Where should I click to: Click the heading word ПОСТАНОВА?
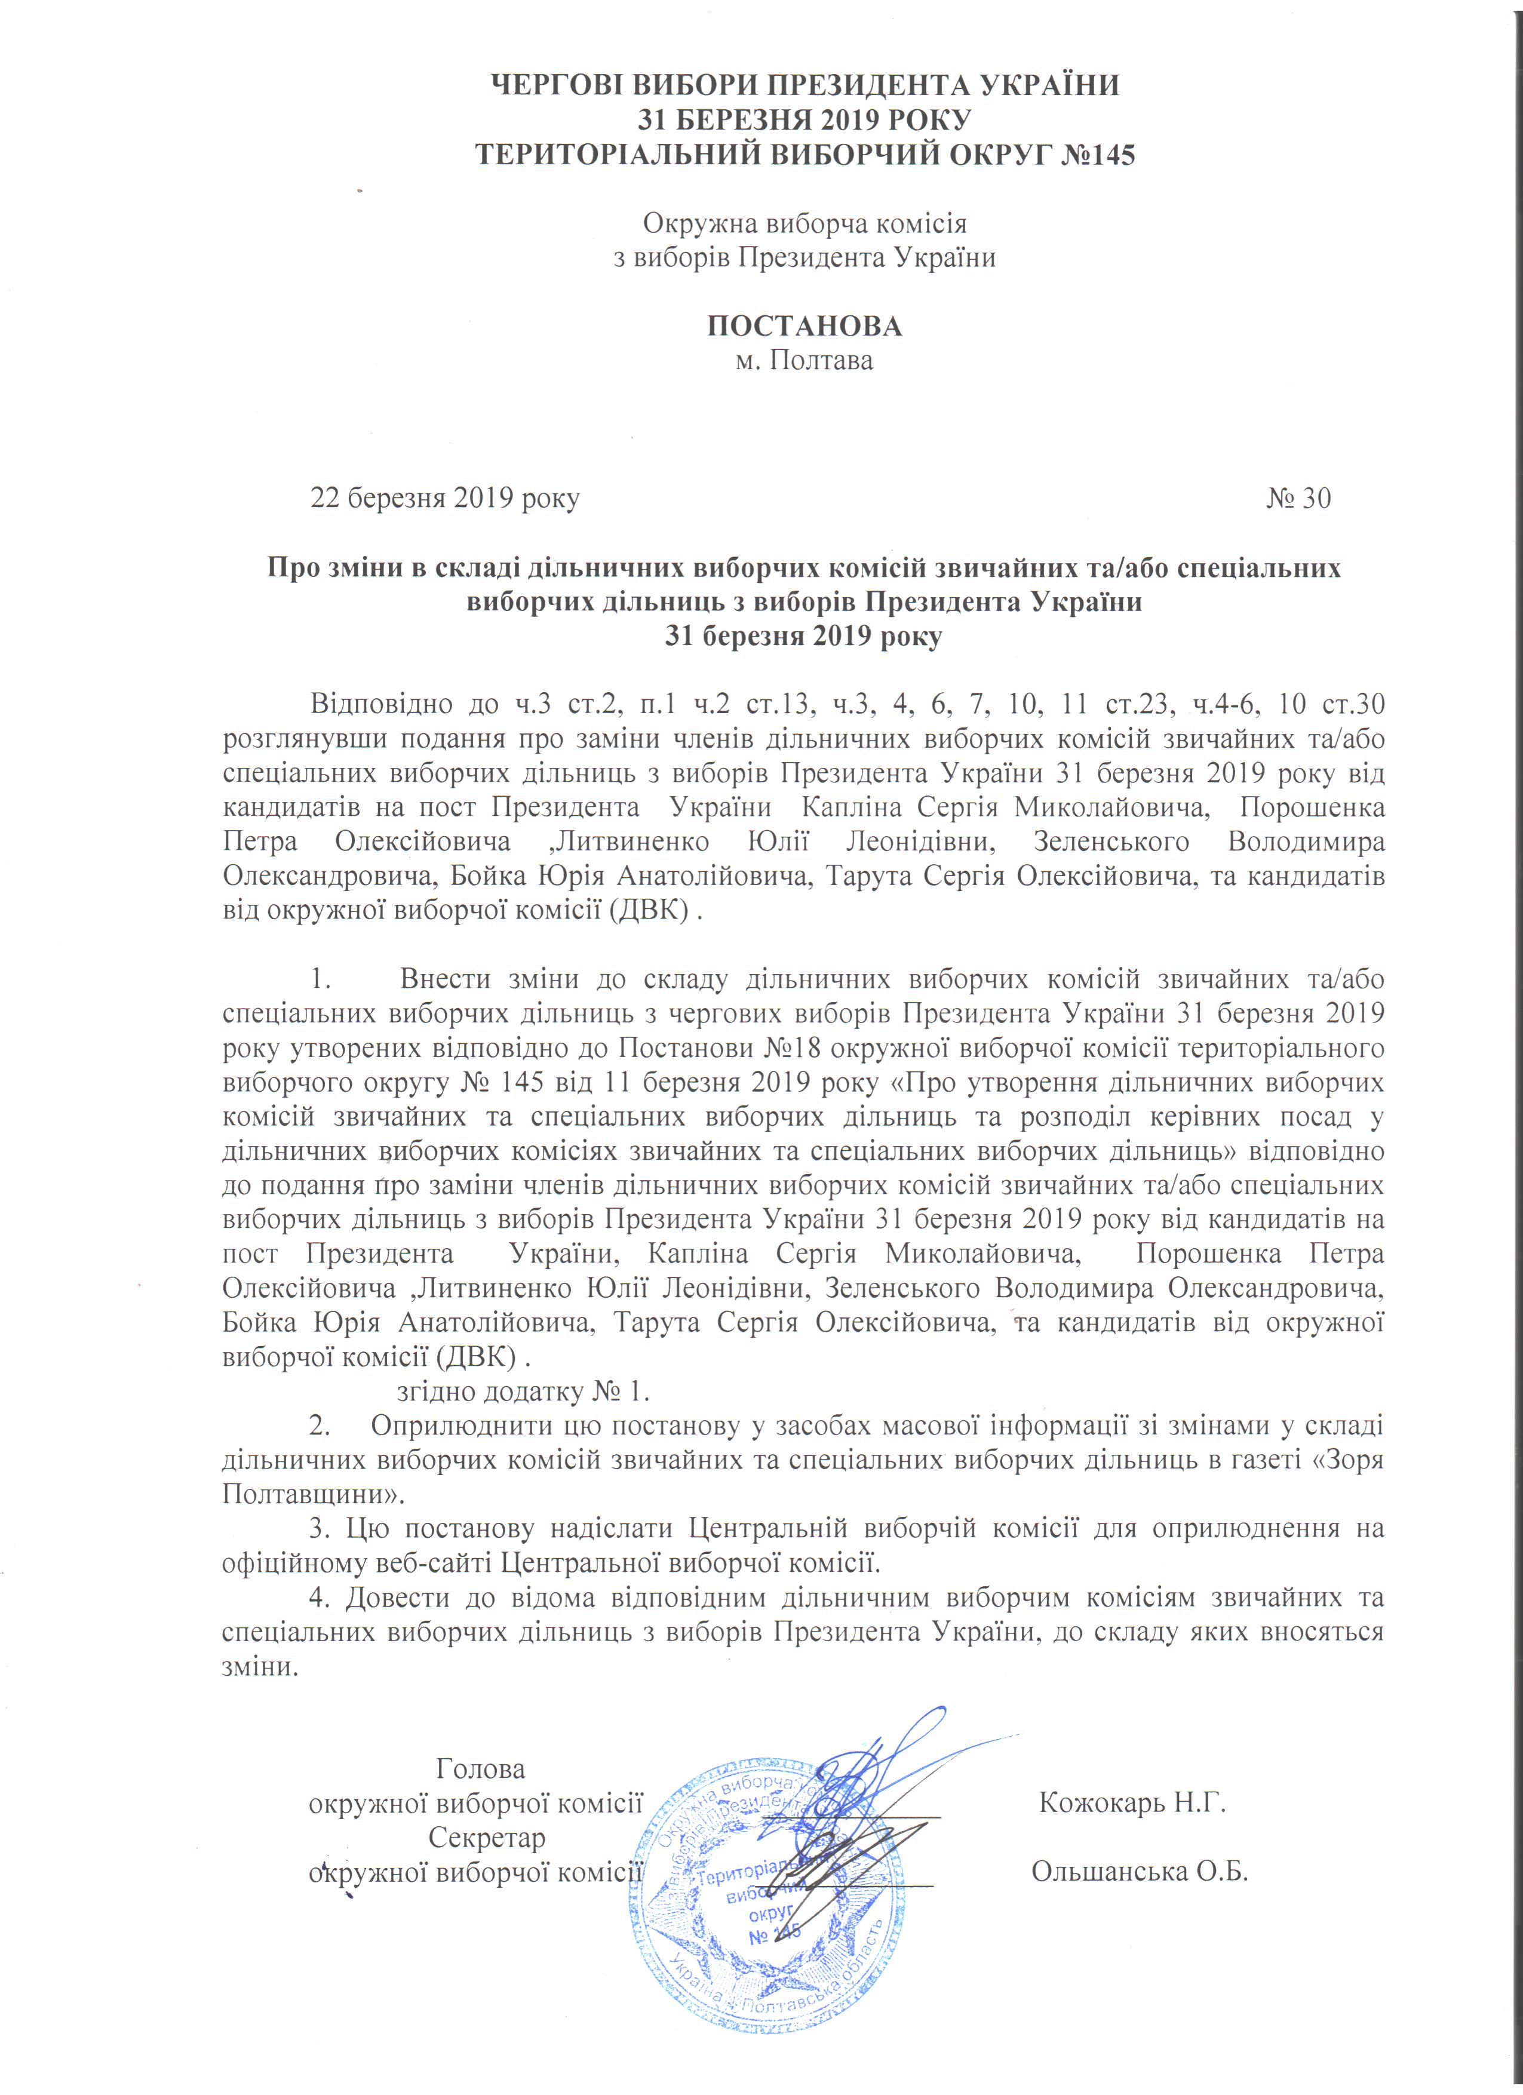coord(805,326)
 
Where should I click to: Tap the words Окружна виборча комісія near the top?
coord(805,223)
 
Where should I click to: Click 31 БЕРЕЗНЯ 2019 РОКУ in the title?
coord(805,119)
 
